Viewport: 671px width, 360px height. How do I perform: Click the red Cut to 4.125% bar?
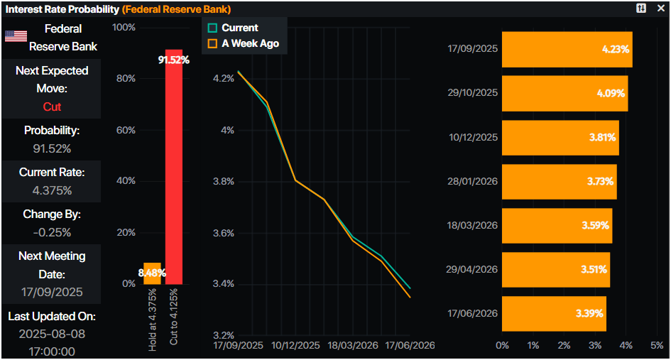coord(174,170)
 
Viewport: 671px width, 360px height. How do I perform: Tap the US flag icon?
coord(16,36)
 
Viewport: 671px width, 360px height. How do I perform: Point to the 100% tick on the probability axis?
coord(124,27)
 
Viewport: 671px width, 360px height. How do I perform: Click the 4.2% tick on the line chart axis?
coord(223,78)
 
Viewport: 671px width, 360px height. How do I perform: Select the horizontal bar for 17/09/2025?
coord(567,49)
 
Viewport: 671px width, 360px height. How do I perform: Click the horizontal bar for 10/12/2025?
coord(560,138)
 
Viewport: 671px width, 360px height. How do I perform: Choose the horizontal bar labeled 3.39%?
coord(554,313)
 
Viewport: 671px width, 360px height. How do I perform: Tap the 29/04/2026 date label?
coord(472,269)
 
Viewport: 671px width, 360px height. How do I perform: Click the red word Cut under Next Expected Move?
coord(52,107)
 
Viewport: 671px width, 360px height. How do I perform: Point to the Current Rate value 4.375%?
coord(52,190)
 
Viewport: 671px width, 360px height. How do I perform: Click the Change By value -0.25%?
coord(52,232)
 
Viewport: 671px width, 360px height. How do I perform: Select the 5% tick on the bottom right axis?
coord(657,345)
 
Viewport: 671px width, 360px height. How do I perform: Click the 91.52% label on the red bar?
coord(174,60)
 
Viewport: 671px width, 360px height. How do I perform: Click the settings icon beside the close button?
coord(641,9)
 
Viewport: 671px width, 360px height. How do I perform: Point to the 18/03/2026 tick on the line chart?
coord(353,345)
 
